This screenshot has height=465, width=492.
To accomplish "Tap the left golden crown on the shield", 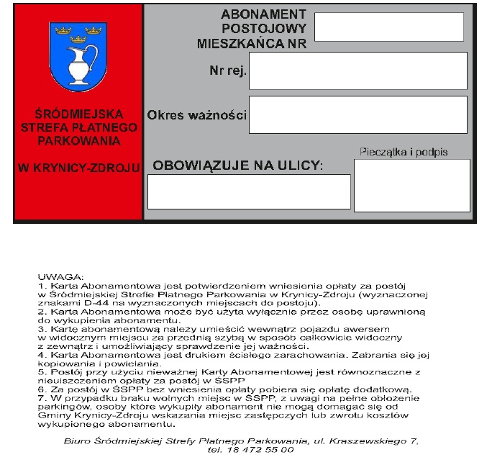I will (61, 31).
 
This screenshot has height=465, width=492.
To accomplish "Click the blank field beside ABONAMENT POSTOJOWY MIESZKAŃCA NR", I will (388, 27).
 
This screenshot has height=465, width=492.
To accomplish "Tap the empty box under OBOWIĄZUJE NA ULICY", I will (249, 191).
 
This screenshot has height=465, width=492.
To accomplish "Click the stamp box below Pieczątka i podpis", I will (411, 185).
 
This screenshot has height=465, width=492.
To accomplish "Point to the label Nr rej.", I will (228, 71).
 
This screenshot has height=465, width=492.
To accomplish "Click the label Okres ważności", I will (196, 115).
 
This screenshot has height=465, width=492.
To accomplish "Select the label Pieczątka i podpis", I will (403, 152).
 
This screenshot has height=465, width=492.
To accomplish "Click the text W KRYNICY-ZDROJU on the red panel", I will (78, 168).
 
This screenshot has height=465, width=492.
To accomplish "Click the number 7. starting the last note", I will (42, 397).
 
